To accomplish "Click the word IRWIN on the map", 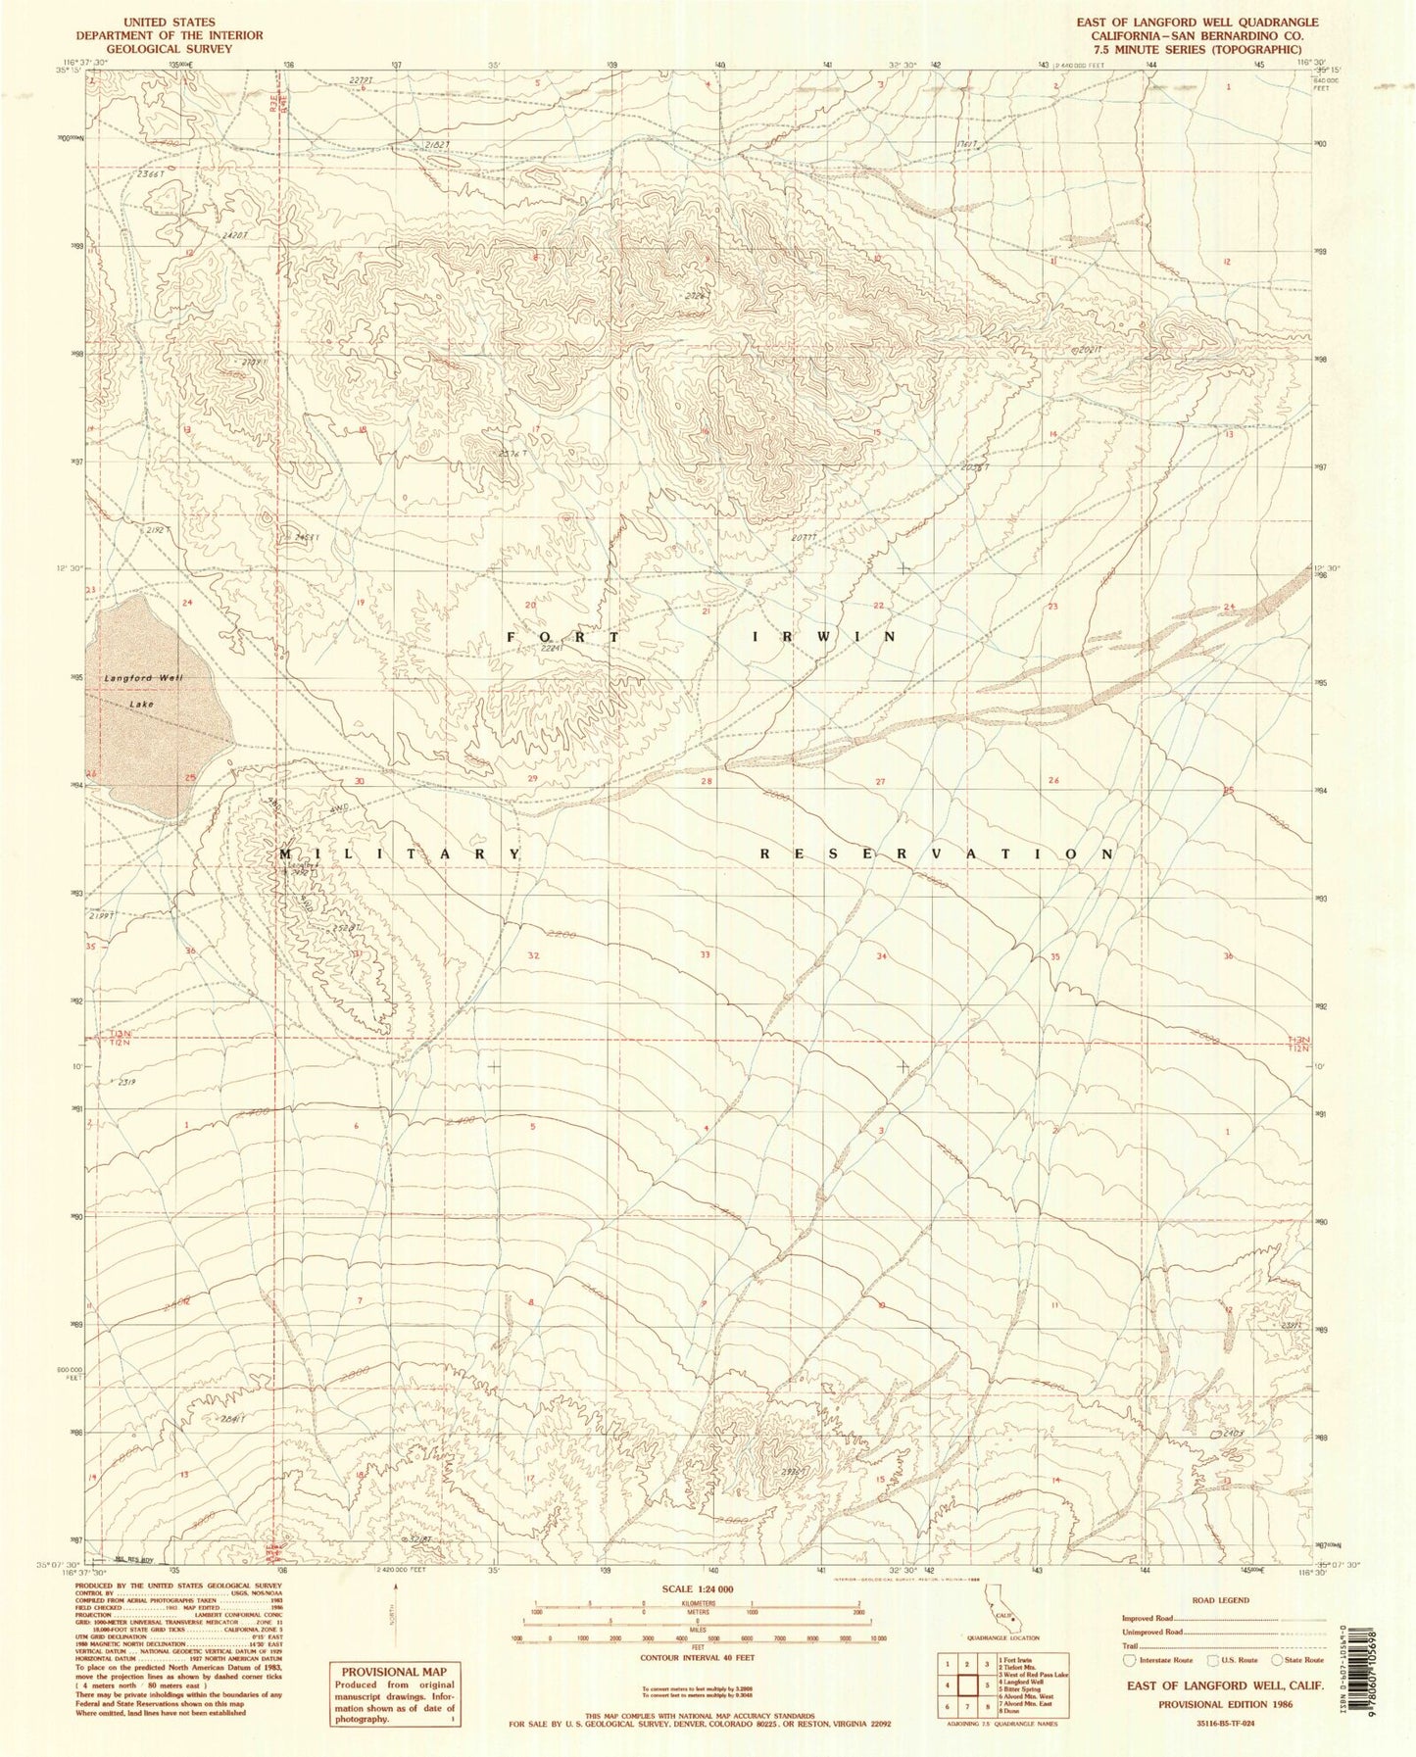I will [x=824, y=637].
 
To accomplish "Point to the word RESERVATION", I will [x=938, y=854].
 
